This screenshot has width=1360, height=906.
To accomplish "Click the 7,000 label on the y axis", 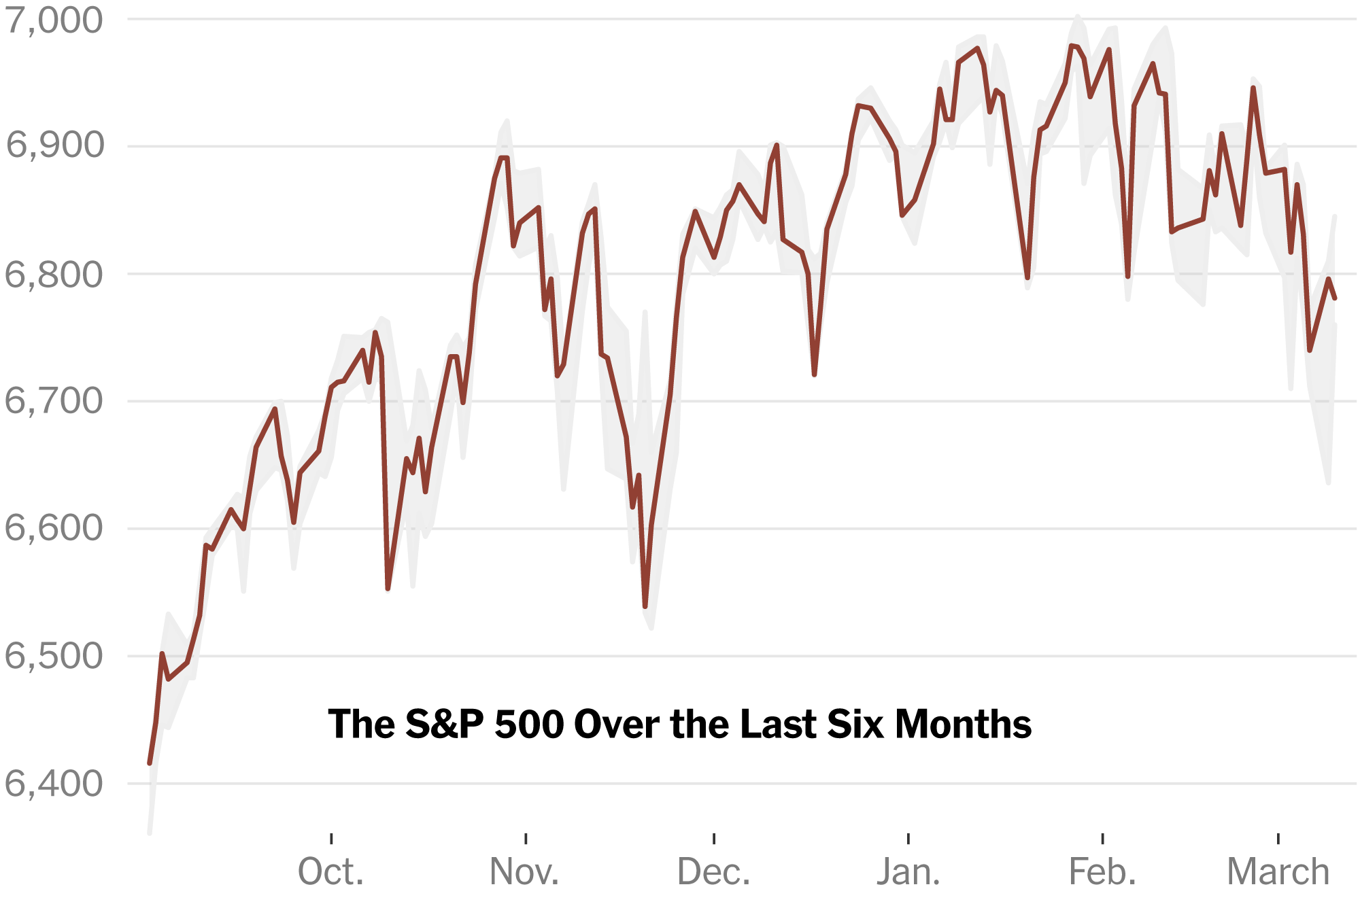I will coord(54,20).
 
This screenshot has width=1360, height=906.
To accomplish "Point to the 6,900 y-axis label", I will coord(54,145).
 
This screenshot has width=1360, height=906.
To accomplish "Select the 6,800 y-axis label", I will coord(54,275).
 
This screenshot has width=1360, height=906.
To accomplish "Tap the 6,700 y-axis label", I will coord(54,401).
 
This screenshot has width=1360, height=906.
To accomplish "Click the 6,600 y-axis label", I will coord(54,528).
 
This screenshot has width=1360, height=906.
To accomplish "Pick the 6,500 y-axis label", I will coord(54,656).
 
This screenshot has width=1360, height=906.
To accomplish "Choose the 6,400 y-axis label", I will coord(54,784).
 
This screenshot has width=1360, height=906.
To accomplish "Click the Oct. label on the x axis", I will coord(331,872).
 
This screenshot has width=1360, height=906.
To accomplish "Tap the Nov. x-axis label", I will coord(525,872).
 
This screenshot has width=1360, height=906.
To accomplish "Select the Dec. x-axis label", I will coord(714,872).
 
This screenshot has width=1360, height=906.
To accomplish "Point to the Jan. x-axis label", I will coord(908,872).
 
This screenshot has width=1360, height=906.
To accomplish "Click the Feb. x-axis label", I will coord(1102,872).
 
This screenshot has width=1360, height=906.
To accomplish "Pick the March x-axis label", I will coord(1278,872).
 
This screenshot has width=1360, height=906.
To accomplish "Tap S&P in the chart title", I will coord(444,725).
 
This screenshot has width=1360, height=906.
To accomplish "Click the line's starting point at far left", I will coord(150,763).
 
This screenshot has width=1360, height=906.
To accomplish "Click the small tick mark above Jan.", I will coord(908,838).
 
